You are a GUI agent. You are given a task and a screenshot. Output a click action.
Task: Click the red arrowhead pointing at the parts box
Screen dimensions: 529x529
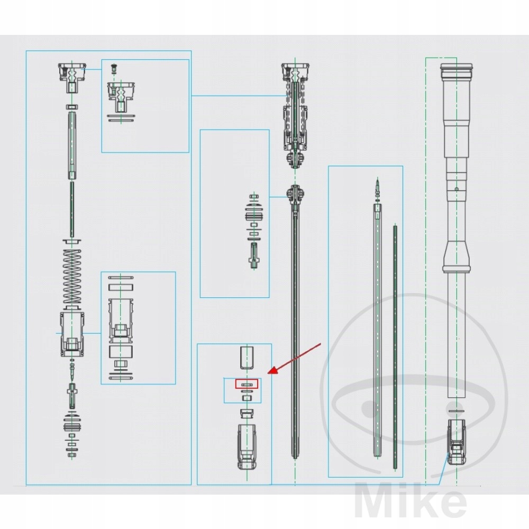271,372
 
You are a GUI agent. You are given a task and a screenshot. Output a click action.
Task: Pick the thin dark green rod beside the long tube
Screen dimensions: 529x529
395,344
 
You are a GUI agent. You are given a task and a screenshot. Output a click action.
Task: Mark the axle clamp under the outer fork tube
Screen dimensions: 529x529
456,441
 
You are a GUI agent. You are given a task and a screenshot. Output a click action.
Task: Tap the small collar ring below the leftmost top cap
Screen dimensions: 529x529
72,106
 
